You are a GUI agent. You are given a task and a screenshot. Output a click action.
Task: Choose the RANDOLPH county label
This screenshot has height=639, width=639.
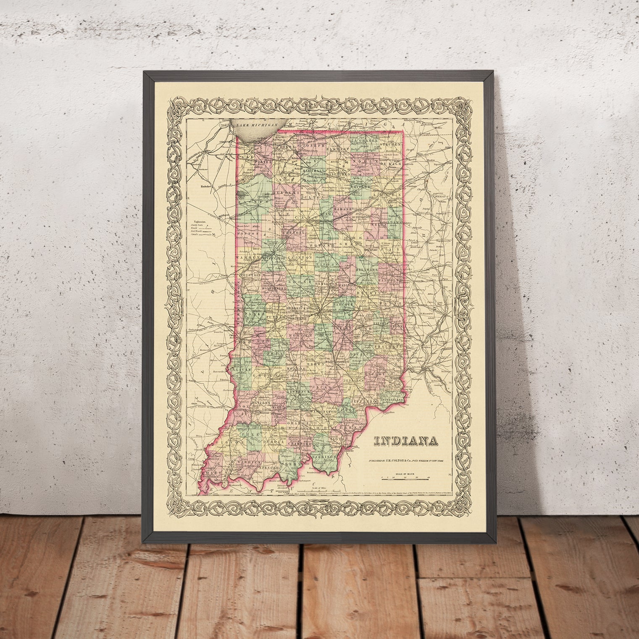pos(391,279)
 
